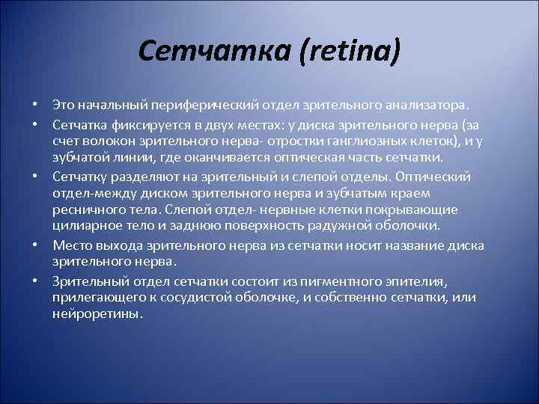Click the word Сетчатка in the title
[195, 52]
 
